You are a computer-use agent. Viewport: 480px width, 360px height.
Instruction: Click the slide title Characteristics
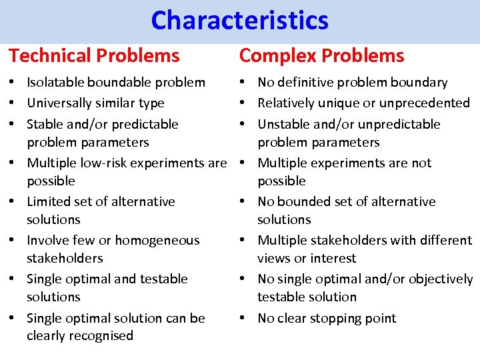pos(239,21)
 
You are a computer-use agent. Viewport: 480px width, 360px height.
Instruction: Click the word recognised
pos(102,336)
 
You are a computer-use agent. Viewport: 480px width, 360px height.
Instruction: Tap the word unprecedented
pos(427,103)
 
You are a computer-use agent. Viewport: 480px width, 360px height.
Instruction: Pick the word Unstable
pos(283,125)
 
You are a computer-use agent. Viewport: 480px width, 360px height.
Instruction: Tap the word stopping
pos(337,319)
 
